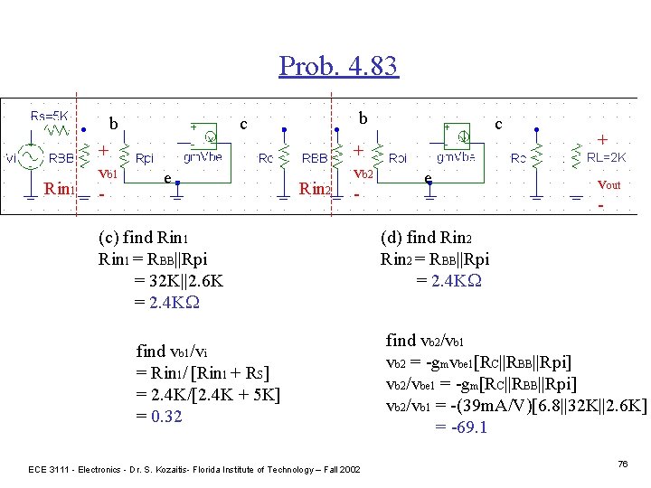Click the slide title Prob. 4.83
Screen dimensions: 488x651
[x=338, y=65]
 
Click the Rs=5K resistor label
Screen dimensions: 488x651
[x=50, y=115]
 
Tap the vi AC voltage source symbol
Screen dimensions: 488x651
[x=30, y=157]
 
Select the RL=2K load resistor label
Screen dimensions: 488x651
[x=607, y=157]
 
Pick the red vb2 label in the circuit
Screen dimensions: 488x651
[x=363, y=172]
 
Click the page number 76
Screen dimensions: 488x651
[x=622, y=464]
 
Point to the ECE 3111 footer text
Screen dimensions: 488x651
[x=193, y=469]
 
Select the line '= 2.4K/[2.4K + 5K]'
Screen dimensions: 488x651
[x=208, y=395]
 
